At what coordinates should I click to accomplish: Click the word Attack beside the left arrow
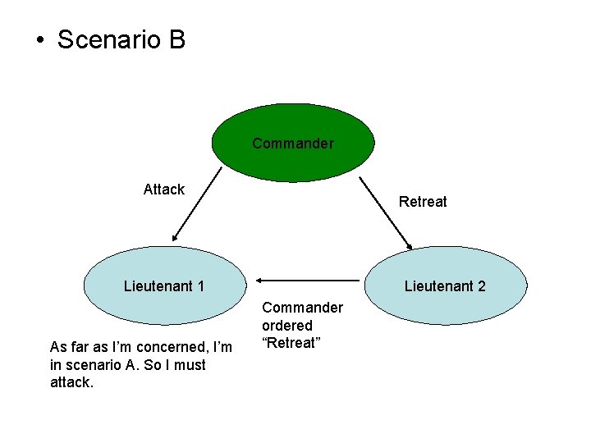point(163,190)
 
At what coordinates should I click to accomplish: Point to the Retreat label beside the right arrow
point(423,201)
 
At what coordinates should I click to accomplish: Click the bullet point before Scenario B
point(39,40)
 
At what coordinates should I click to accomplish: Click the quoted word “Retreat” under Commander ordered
point(290,343)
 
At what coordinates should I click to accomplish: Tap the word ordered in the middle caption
point(287,326)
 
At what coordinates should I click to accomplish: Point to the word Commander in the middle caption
point(302,308)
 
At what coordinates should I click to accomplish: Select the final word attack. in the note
point(72,382)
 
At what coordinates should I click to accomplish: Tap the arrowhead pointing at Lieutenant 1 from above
point(173,239)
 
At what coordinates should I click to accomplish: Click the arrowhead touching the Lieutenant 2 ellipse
point(409,244)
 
